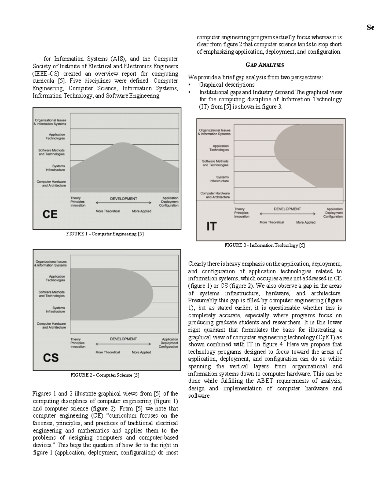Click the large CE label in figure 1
(50, 214)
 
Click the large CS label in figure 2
(50, 357)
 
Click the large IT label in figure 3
(211, 226)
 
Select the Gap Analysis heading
(265, 65)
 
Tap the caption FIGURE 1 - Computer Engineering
(105, 234)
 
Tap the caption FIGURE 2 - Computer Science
(105, 375)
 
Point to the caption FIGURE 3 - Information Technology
(265, 245)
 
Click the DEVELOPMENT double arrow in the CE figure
(124, 203)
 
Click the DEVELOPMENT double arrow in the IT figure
(287, 214)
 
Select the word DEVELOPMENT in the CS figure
(123, 339)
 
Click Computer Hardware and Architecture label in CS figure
(51, 325)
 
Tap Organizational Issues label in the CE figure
(50, 122)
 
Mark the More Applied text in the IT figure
(306, 222)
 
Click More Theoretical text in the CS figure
(108, 352)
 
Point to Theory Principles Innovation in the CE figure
(78, 202)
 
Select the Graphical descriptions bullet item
(227, 85)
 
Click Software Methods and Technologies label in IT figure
(215, 163)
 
